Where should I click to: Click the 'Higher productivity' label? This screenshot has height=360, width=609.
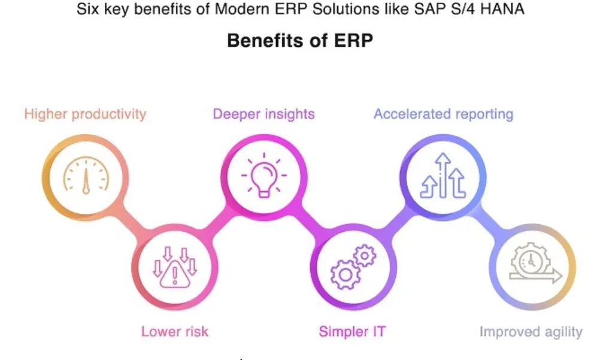pos(85,114)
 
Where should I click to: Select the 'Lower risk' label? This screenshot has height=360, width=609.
pos(175,331)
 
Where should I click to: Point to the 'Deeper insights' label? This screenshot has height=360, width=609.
pos(264,114)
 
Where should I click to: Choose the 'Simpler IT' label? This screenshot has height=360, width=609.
pos(352,331)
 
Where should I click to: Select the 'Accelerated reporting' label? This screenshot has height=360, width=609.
pos(443,114)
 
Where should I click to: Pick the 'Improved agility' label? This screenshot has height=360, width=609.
pos(531,331)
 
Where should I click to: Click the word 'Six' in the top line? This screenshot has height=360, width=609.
pos(87,10)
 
